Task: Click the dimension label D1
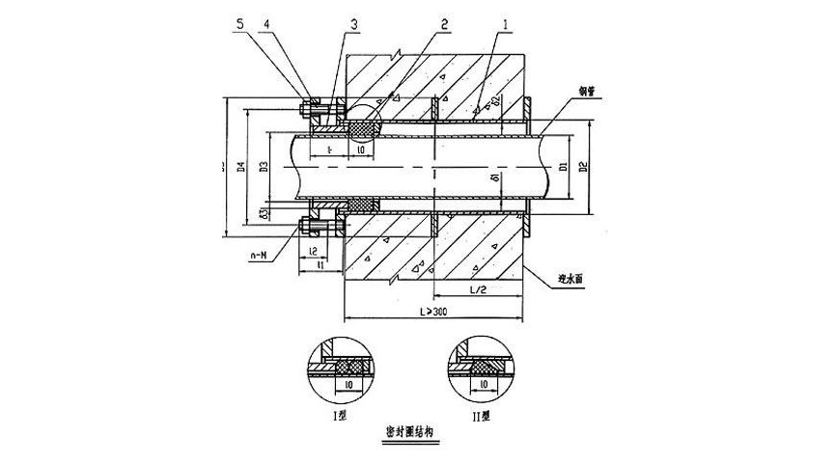563,166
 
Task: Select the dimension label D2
582,166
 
